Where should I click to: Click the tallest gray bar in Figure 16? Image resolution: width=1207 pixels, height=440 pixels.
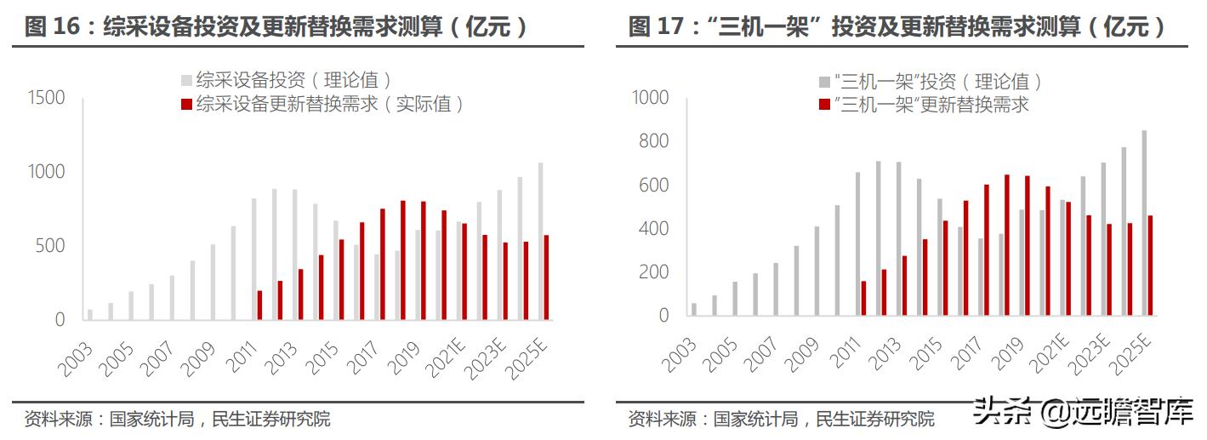pos(541,241)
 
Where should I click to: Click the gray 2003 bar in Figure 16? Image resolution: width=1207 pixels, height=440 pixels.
pos(90,314)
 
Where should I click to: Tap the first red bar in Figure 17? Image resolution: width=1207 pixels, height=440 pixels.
pos(863,298)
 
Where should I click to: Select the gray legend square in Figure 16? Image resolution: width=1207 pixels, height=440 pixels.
pos(186,81)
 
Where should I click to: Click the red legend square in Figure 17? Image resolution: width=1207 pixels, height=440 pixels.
pos(824,105)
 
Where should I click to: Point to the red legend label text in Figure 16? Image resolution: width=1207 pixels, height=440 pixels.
pos(331,104)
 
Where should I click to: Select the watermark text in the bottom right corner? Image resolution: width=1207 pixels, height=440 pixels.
pos(1085,414)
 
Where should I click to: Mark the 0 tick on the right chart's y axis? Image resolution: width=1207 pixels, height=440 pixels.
pos(663,316)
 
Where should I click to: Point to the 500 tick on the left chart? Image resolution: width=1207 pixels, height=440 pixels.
pos(51,246)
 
